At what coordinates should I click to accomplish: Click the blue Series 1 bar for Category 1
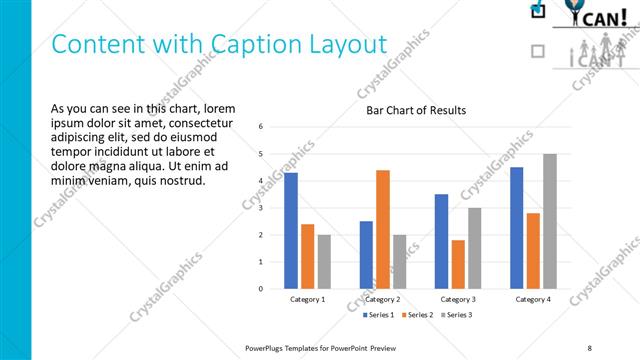[290, 230]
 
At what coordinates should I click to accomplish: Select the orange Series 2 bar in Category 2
[383, 229]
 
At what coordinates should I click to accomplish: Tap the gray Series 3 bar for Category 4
[550, 221]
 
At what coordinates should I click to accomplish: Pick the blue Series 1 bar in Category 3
[441, 241]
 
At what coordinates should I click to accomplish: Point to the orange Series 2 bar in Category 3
[458, 264]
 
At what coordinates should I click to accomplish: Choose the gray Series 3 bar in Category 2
[400, 262]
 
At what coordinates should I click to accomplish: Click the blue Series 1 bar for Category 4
[516, 227]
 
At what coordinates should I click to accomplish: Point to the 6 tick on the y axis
[260, 127]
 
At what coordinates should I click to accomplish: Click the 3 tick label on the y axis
[260, 208]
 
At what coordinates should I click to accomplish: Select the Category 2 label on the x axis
[383, 299]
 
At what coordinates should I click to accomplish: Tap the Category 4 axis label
[533, 299]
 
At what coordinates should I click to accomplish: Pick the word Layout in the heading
[346, 45]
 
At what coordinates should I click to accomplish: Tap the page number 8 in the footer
[589, 347]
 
